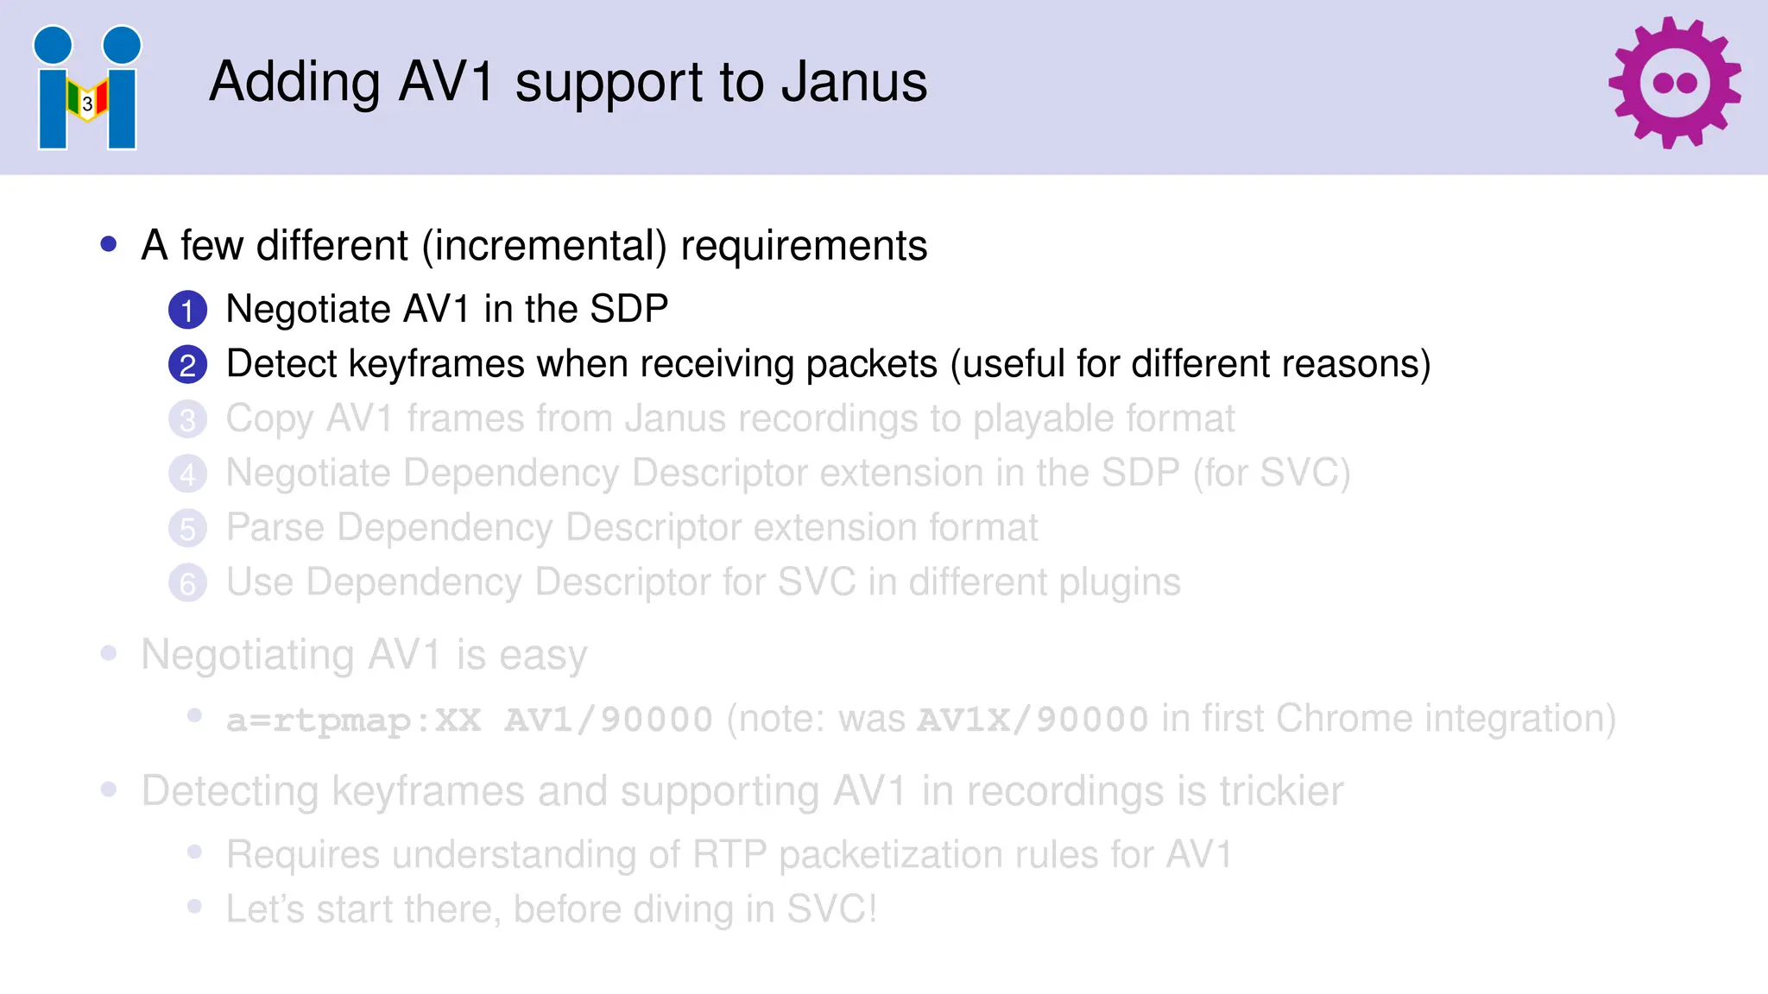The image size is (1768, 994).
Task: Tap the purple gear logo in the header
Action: [1674, 83]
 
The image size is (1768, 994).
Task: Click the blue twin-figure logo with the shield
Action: [87, 88]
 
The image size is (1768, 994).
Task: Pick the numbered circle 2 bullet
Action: [187, 365]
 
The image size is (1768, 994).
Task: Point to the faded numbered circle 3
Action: [187, 420]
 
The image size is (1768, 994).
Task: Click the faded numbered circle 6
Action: [187, 583]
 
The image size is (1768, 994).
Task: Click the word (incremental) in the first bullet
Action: [544, 247]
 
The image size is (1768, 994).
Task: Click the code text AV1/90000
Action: [609, 720]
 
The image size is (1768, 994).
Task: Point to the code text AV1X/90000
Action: [1032, 720]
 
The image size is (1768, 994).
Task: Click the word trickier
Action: [1281, 791]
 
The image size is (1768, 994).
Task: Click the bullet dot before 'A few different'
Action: [109, 245]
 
